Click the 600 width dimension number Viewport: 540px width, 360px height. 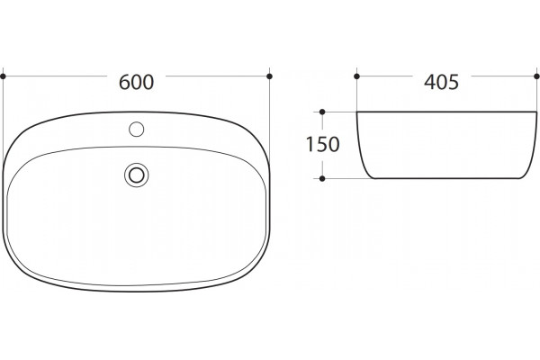click(x=136, y=82)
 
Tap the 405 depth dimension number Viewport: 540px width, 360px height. click(x=442, y=82)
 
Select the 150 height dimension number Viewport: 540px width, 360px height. click(x=323, y=144)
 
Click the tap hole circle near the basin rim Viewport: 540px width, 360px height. click(x=137, y=130)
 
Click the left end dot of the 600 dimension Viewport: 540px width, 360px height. click(x=3, y=76)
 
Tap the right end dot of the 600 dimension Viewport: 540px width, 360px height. click(x=270, y=76)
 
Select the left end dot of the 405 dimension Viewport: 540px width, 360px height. click(x=356, y=76)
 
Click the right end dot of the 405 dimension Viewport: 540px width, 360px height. click(x=536, y=76)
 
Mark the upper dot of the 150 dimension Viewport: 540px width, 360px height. click(x=322, y=112)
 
